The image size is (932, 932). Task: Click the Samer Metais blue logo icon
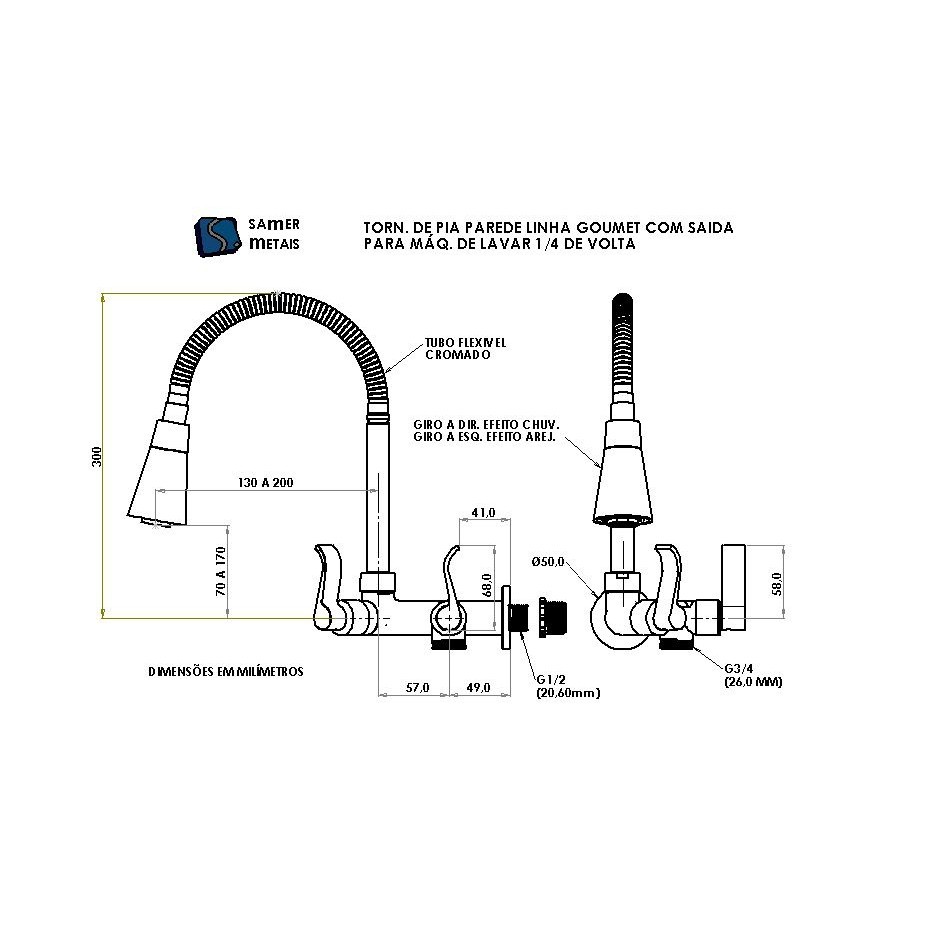pyautogui.click(x=219, y=237)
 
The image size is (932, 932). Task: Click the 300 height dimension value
pyautogui.click(x=97, y=456)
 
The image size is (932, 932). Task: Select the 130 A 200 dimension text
pyautogui.click(x=266, y=483)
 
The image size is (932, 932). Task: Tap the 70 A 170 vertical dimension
pyautogui.click(x=221, y=571)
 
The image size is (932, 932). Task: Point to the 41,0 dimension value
pyautogui.click(x=483, y=512)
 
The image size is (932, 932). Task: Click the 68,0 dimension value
pyautogui.click(x=487, y=585)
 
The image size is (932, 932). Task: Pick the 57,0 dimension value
pyautogui.click(x=417, y=688)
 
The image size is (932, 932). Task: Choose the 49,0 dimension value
pyautogui.click(x=478, y=688)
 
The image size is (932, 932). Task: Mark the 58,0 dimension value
pyautogui.click(x=776, y=583)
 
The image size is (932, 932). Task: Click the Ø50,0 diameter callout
pyautogui.click(x=548, y=562)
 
